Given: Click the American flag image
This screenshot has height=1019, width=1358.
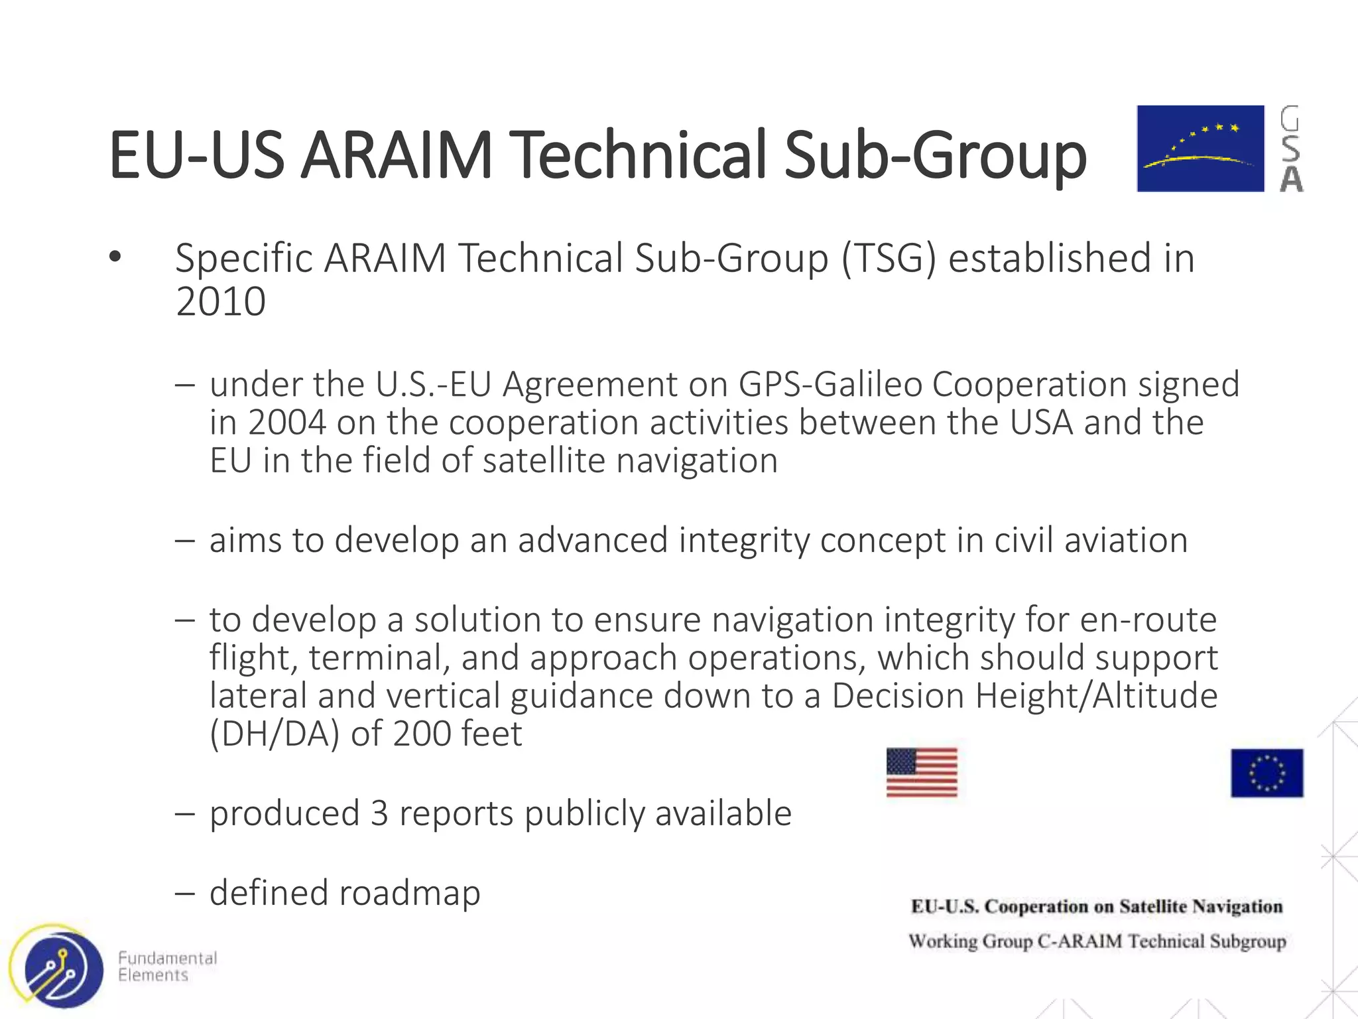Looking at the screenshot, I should pos(922,773).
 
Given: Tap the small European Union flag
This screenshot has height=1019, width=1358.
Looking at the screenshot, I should pos(1266,773).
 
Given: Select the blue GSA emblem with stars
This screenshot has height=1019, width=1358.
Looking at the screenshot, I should pos(1200,149).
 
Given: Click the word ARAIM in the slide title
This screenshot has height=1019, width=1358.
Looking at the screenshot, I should pos(396,155).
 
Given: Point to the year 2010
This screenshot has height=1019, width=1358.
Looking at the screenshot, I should pos(221,302).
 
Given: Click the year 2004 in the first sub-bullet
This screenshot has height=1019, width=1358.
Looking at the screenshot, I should pos(287,423).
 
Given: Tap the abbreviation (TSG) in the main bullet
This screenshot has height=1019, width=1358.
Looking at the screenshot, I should pos(889,258).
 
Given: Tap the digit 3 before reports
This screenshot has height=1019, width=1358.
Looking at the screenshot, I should pos(379,813).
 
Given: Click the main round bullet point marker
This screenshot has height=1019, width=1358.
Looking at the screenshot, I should pos(115,257).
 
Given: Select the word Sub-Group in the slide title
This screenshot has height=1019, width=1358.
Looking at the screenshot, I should pos(935,155).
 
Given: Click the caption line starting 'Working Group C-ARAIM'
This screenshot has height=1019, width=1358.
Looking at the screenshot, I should pos(1097,941).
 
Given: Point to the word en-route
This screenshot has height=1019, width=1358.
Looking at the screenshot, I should pos(1148,620).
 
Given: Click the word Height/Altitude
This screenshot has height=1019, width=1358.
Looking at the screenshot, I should pos(1024,696).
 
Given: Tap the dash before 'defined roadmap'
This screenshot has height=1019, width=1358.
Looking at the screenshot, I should pos(185,893).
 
